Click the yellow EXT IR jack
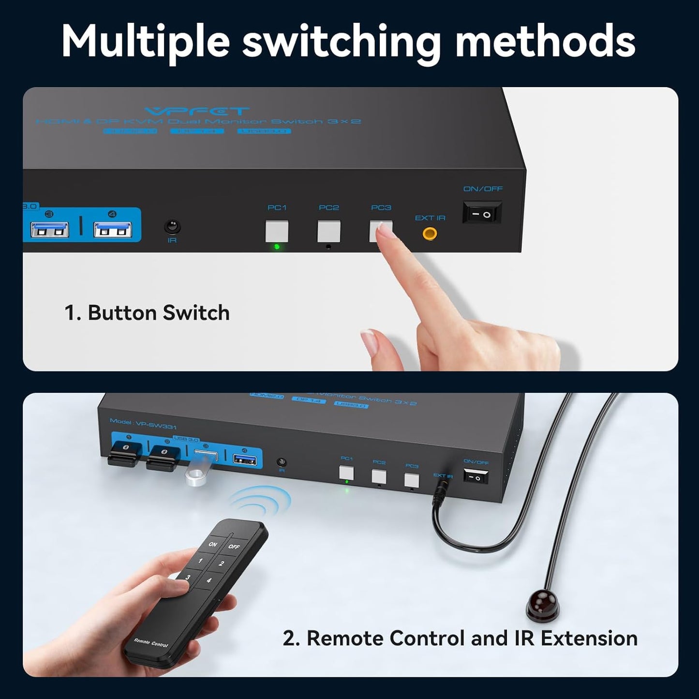tap(430, 234)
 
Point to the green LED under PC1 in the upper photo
tap(277, 247)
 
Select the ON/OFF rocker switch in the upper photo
tap(482, 213)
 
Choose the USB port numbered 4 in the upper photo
tap(112, 229)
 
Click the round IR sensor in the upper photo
tap(172, 226)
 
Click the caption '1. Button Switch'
tap(147, 313)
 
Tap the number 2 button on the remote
tap(222, 564)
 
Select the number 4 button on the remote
tap(208, 580)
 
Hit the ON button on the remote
tap(213, 544)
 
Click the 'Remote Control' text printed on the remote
tap(151, 642)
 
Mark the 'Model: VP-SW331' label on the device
tap(143, 424)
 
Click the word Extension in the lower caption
tap(589, 639)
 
